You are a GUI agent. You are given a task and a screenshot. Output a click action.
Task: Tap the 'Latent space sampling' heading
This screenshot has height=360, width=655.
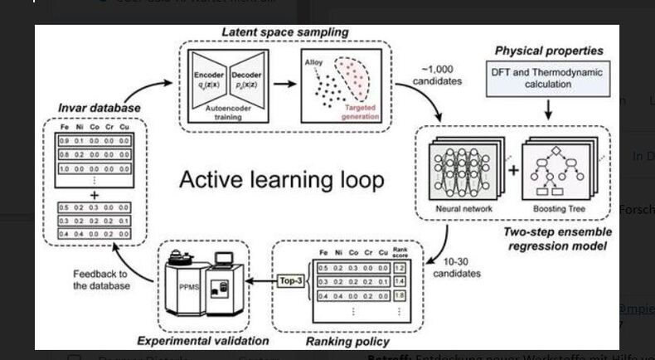pos(284,32)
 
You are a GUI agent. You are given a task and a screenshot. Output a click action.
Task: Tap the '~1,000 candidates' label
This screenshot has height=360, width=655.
pos(439,77)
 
